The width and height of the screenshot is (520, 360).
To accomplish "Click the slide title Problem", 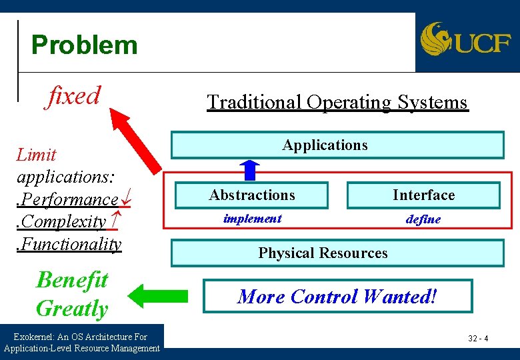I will (84, 45).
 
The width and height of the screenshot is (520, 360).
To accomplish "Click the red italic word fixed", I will (73, 95).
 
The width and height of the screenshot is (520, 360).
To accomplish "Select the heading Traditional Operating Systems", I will (337, 102).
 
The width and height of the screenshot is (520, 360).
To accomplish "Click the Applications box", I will (337, 145).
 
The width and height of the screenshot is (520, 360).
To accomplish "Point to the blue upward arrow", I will (251, 169).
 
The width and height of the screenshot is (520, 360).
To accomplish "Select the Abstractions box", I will (251, 195).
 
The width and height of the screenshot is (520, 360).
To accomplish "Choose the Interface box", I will (423, 195).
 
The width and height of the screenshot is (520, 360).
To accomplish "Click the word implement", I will (252, 219).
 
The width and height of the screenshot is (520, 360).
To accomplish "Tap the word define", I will (423, 219).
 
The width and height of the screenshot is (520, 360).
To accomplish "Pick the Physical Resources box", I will (337, 253).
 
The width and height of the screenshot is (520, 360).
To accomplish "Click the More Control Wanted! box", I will (337, 296).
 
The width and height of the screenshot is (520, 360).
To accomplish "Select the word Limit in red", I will (36, 155).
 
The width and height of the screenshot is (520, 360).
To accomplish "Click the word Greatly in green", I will (72, 309).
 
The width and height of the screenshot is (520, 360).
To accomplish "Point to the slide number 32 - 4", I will (478, 339).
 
